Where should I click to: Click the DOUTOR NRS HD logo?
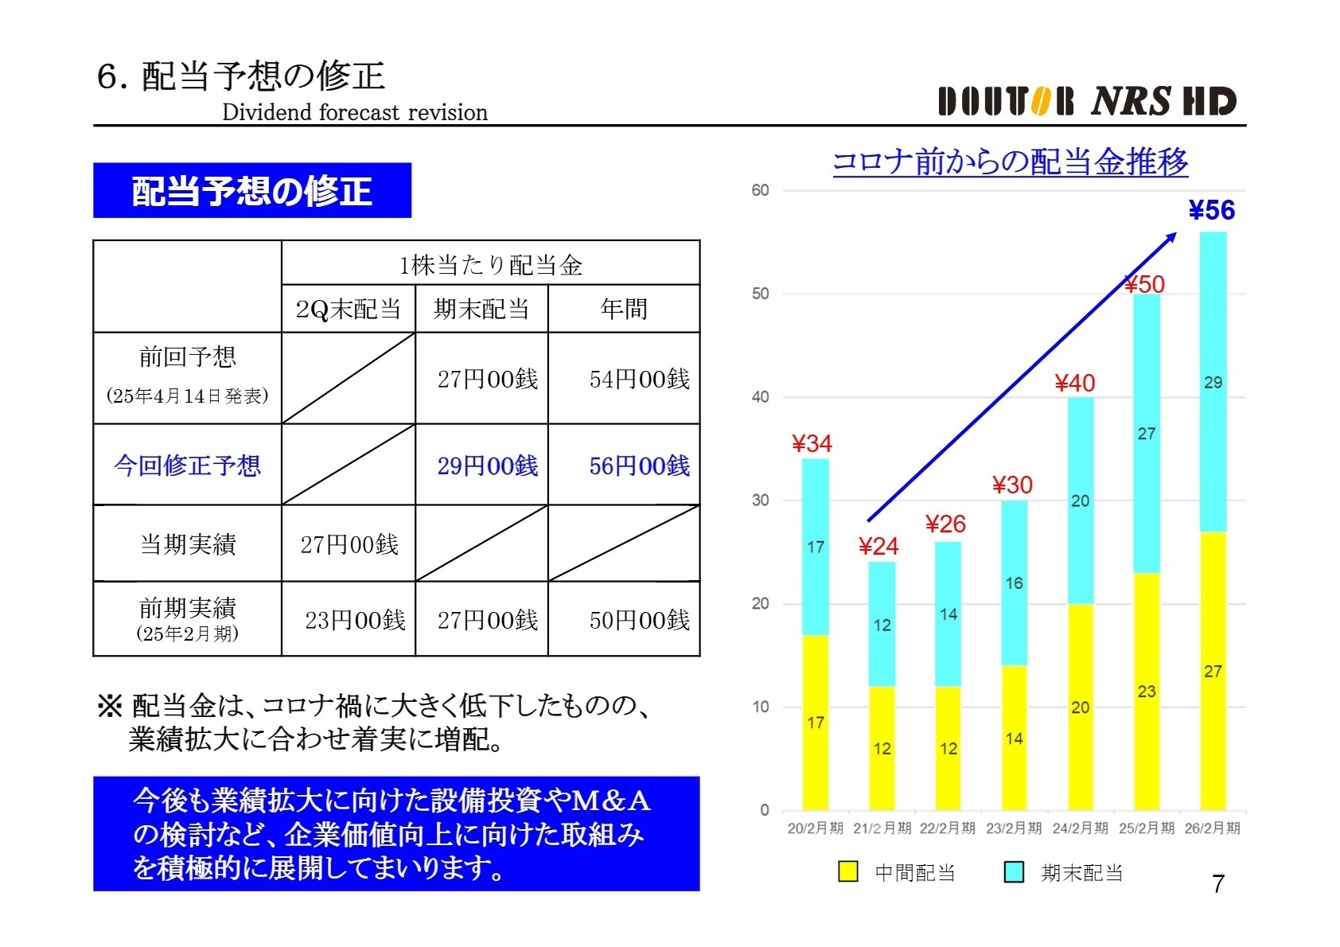(1086, 102)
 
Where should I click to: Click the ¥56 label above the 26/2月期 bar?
(1211, 210)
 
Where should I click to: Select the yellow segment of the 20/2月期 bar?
(815, 722)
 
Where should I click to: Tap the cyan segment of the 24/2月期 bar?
(1080, 501)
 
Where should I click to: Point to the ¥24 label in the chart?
(878, 546)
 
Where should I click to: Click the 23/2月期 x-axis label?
(1013, 828)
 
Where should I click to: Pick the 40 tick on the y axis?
(760, 396)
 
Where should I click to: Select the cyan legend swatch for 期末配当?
(1014, 872)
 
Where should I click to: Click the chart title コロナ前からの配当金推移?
(1010, 162)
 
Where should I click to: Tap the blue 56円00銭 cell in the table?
(639, 466)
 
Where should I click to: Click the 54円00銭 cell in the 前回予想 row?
(639, 379)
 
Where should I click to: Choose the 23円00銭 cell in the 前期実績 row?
(355, 620)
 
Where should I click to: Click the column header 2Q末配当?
(348, 309)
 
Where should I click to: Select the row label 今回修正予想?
(187, 466)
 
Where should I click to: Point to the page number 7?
(1217, 884)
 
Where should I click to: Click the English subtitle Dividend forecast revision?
(355, 112)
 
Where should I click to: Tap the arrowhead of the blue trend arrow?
(1172, 236)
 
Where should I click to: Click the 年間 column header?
(624, 309)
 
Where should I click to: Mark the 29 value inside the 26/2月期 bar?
(1213, 382)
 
